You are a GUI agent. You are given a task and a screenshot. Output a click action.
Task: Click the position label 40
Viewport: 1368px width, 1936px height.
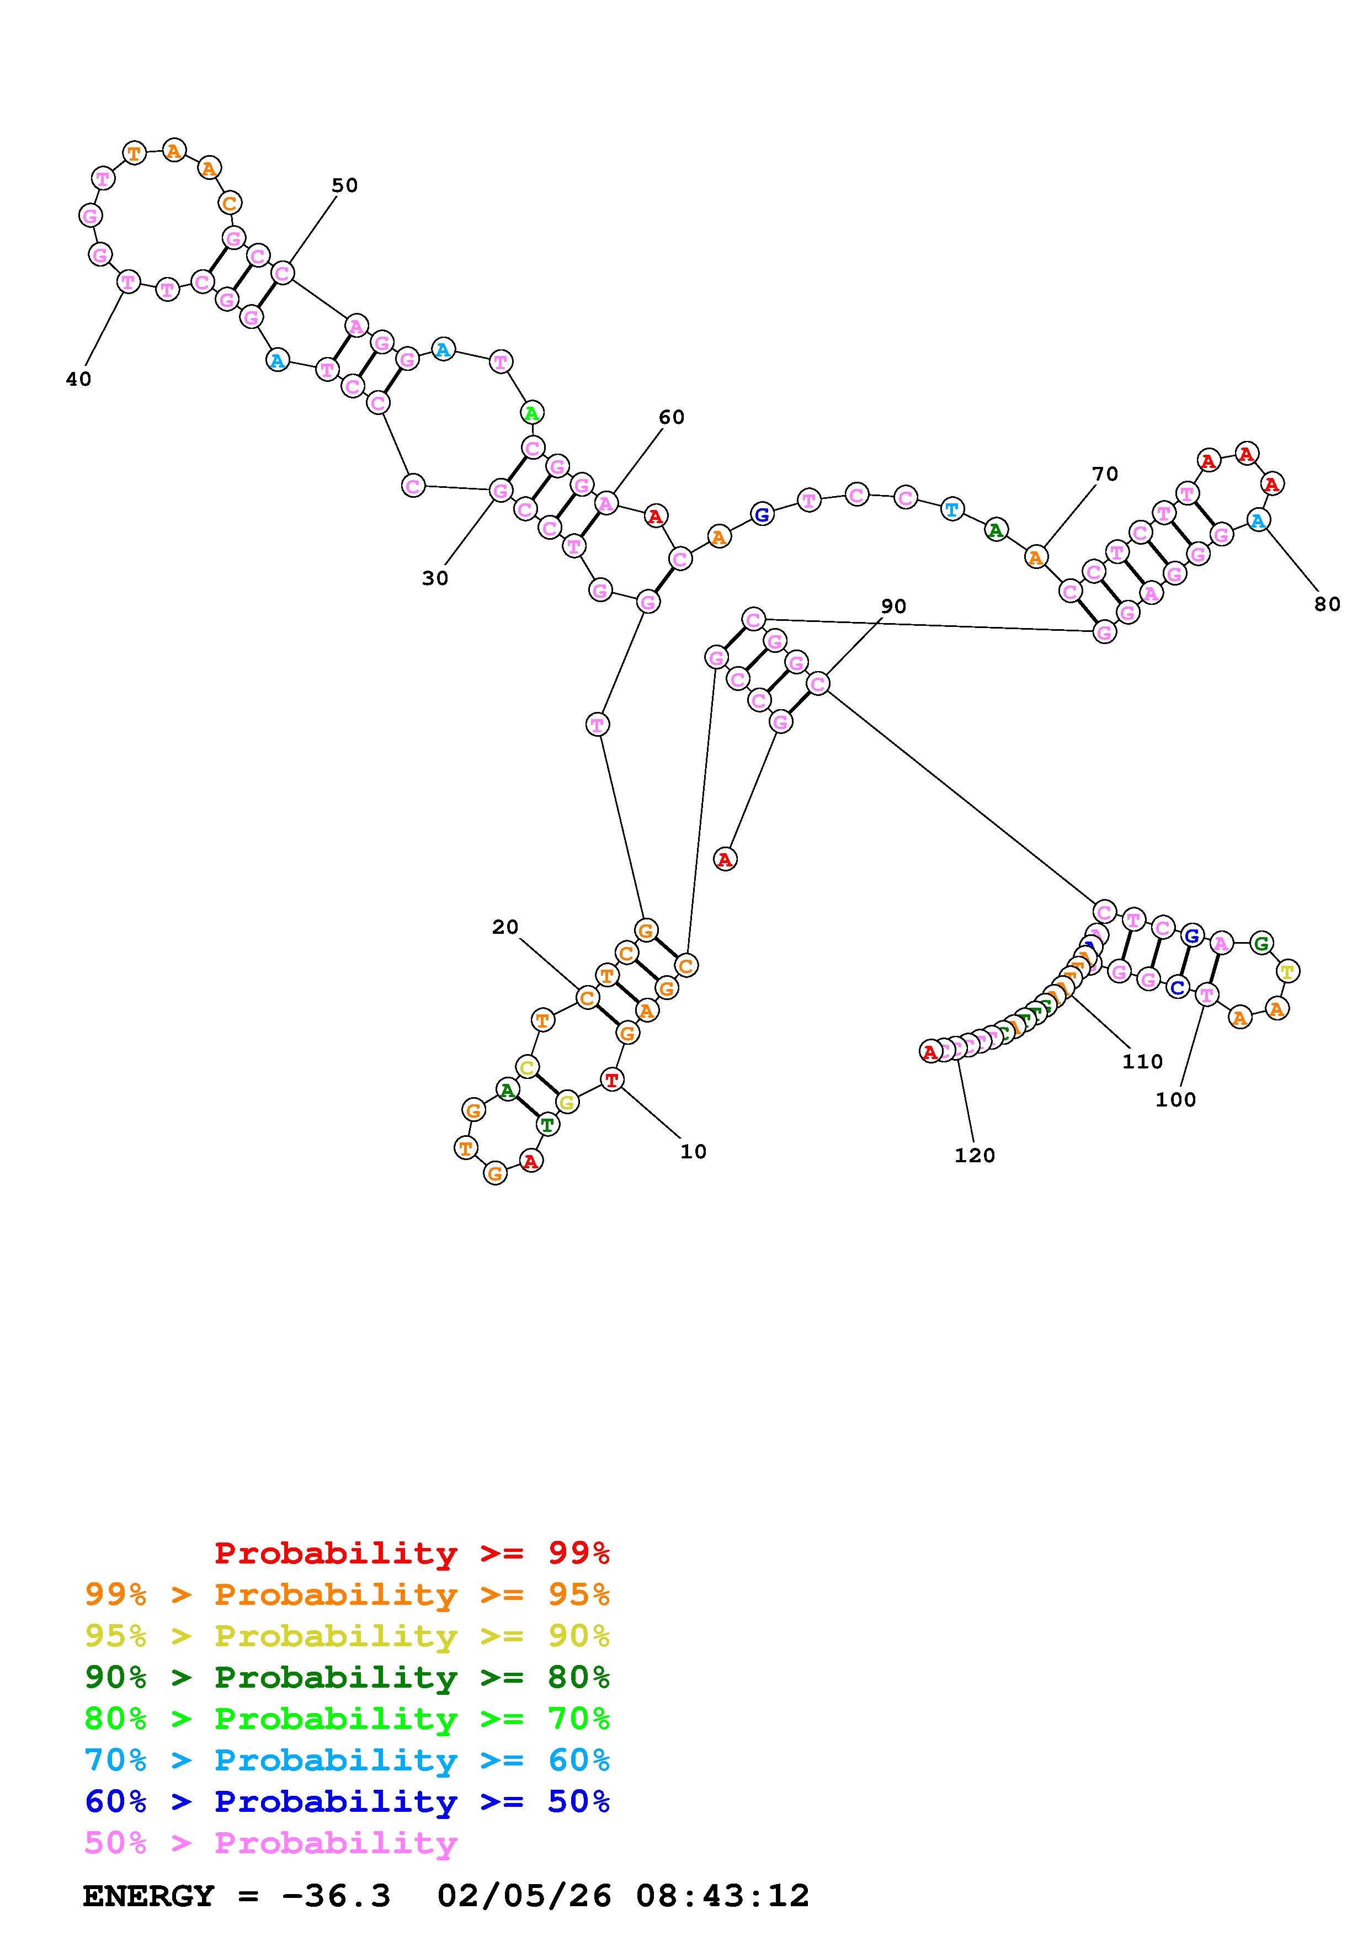click(78, 380)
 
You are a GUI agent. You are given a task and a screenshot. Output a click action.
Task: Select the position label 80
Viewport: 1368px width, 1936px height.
click(1327, 604)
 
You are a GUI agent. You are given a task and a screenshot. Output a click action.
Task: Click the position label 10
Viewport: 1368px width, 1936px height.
click(693, 1152)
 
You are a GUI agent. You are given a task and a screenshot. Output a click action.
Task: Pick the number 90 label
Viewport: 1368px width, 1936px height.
click(893, 607)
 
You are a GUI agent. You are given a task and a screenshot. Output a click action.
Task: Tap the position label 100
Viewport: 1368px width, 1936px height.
click(1175, 1099)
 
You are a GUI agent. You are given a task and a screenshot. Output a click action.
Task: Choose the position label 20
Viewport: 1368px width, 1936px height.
click(505, 928)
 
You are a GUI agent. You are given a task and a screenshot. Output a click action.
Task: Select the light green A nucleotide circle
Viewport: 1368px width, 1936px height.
click(531, 413)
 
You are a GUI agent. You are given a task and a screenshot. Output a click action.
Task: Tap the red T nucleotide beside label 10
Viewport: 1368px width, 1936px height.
click(612, 1079)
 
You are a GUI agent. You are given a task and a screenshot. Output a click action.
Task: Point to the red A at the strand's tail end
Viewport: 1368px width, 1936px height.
click(930, 1051)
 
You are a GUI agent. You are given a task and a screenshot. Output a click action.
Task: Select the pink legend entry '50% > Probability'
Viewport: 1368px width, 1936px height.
click(270, 1843)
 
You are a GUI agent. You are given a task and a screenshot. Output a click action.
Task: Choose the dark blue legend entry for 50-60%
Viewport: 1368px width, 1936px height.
click(347, 1802)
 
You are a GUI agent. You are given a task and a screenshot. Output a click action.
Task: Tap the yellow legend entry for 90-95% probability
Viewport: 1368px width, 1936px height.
click(347, 1636)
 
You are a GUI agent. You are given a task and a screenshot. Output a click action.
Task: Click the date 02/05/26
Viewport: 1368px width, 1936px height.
click(524, 1896)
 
